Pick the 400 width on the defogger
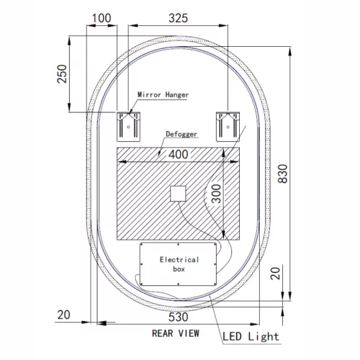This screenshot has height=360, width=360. [180, 153]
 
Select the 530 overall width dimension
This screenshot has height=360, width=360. [179, 317]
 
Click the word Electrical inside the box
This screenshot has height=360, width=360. [178, 258]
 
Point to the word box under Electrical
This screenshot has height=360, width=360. [178, 269]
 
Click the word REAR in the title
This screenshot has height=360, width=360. [165, 333]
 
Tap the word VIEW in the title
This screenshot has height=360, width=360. [191, 333]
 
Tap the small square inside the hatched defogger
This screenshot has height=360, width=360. [178, 194]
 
